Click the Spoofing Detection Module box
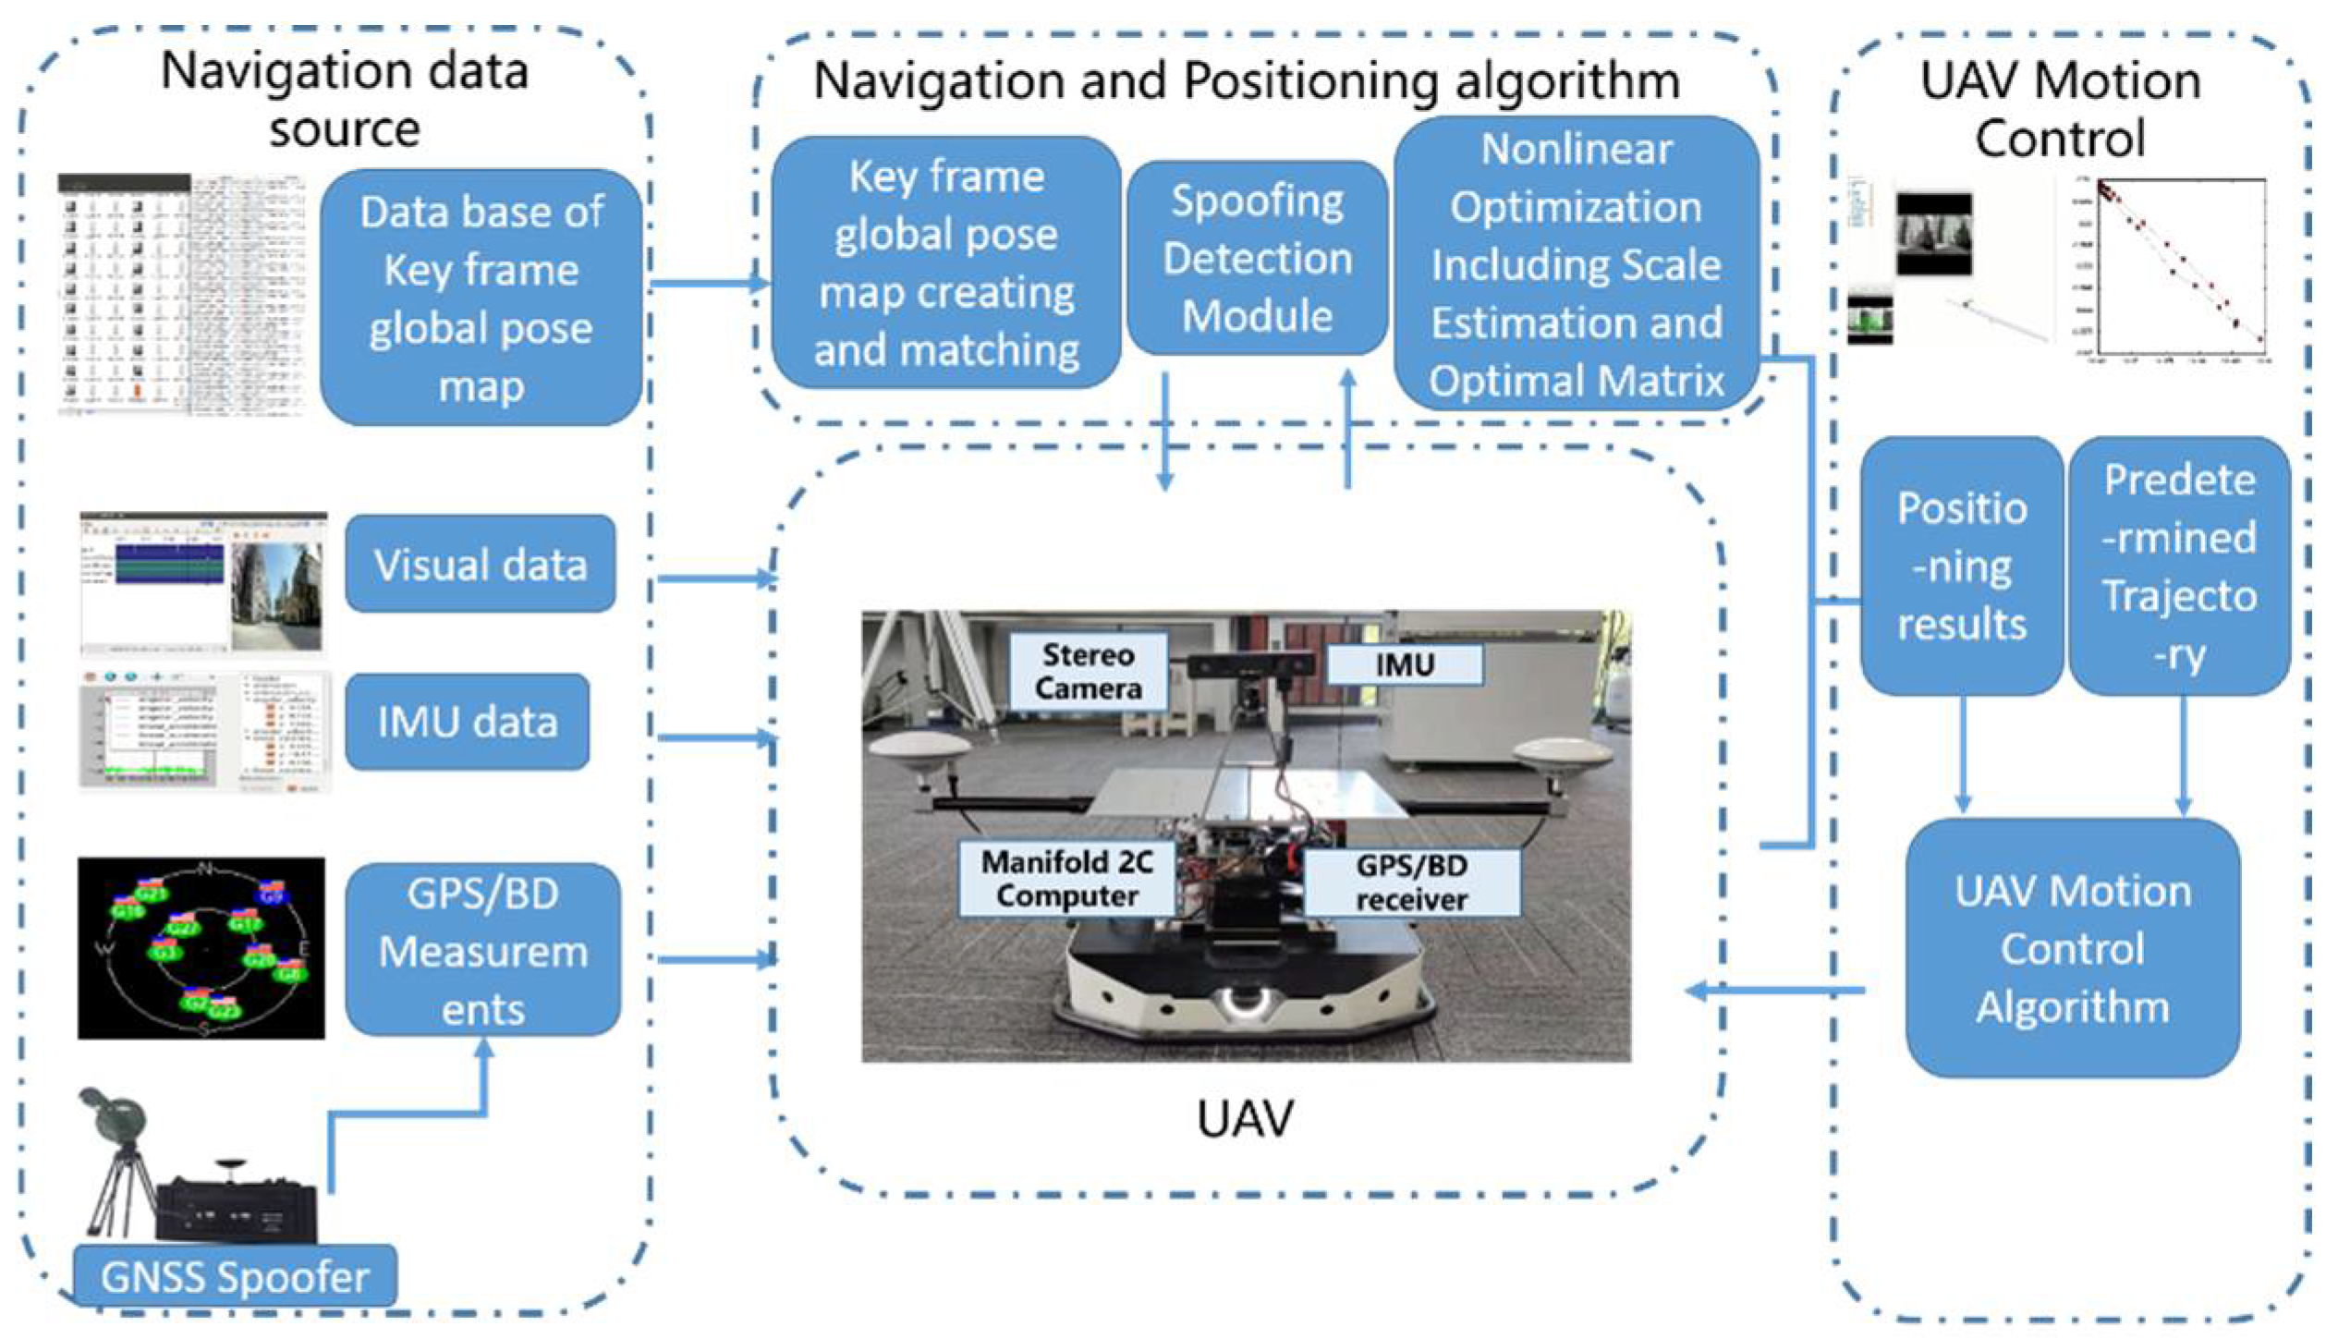click(1257, 259)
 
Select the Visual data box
click(481, 564)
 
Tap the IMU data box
click(468, 722)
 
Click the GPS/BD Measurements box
click(482, 950)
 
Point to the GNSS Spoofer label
click(235, 1277)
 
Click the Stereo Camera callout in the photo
click(1088, 672)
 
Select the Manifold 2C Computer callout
click(1066, 879)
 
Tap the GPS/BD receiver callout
click(1410, 883)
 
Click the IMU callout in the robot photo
click(1404, 664)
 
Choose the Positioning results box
click(1961, 566)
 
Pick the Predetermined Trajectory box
click(2179, 566)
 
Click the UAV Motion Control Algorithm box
click(2072, 948)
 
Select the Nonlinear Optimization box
click(1576, 263)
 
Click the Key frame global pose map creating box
click(946, 263)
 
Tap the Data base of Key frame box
click(481, 298)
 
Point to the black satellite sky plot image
click(201, 948)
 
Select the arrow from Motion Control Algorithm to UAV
click(1774, 991)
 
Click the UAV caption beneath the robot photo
click(1245, 1119)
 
